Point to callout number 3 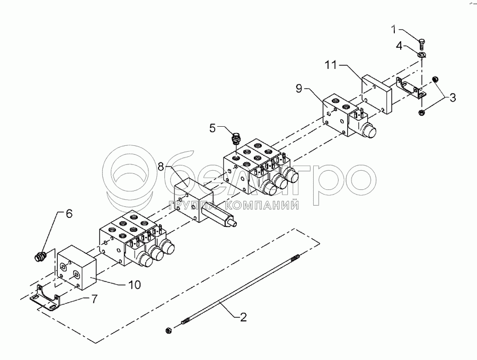click(x=452, y=97)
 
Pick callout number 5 click(x=213, y=127)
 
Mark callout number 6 click(x=68, y=214)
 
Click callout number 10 click(x=134, y=285)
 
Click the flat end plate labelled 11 click(x=376, y=94)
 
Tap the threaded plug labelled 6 click(x=39, y=258)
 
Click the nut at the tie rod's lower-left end click(x=169, y=329)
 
